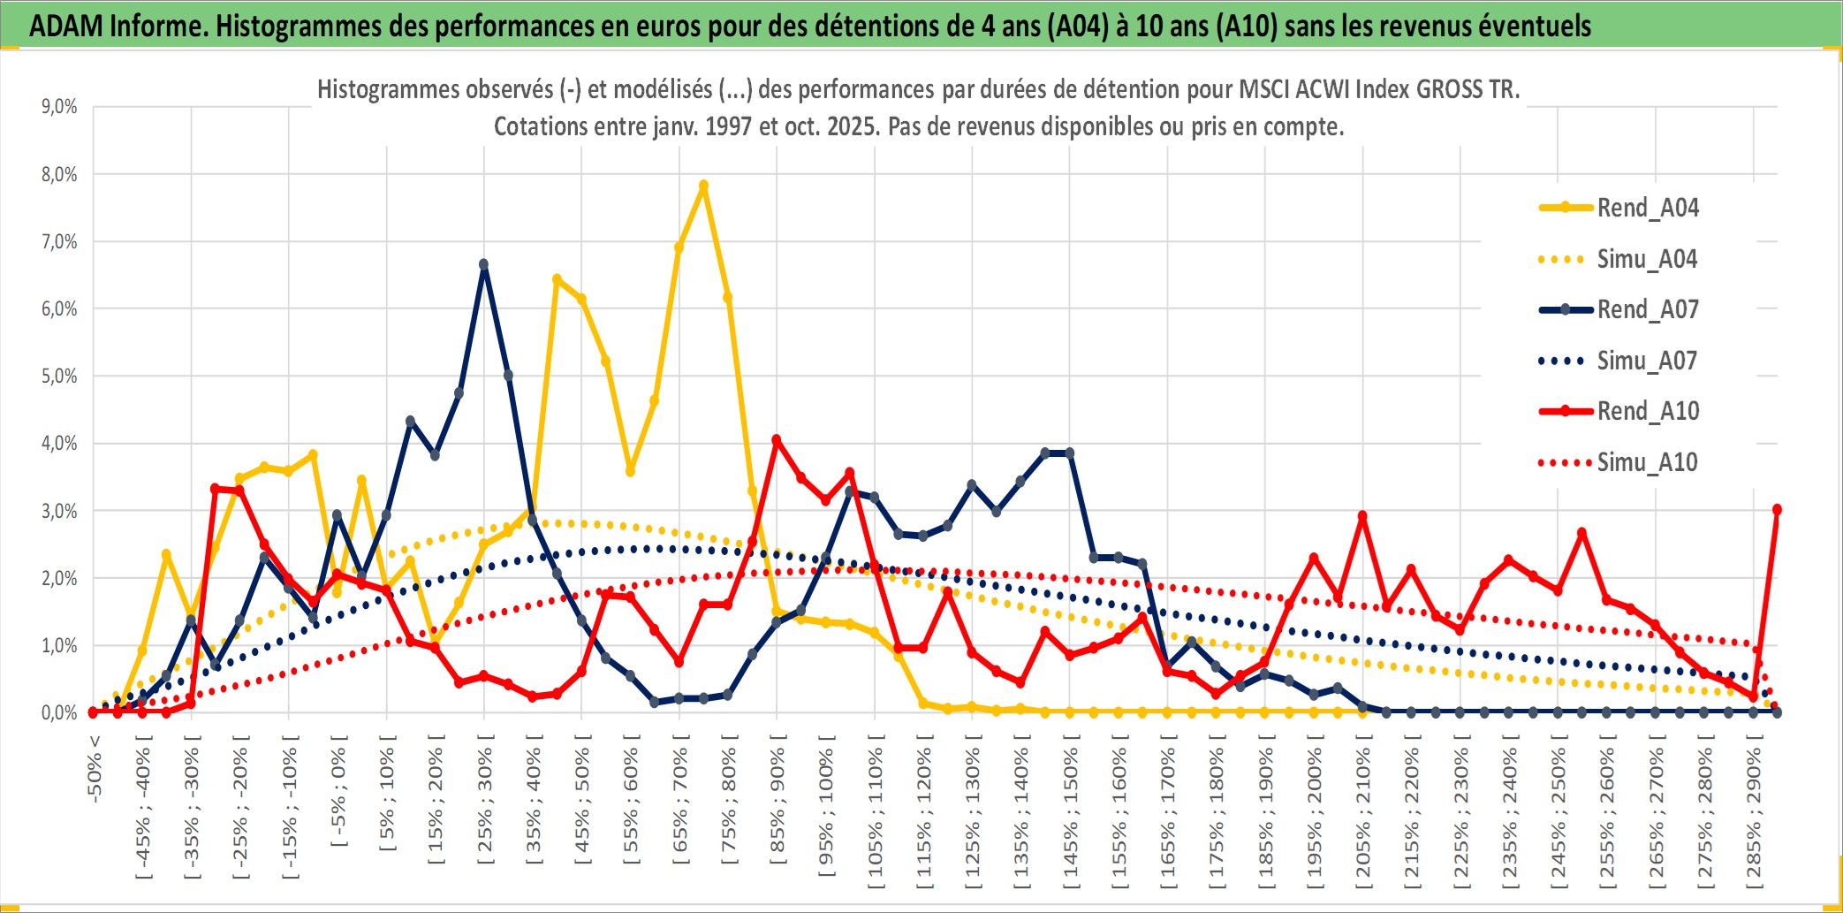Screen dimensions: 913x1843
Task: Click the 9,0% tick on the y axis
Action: coord(59,107)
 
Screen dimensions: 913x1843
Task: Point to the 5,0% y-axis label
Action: coord(59,377)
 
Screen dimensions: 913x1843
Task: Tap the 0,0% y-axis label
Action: coord(59,712)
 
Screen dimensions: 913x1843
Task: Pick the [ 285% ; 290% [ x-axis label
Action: coord(1754,813)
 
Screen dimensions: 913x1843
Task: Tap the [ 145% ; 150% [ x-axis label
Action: coord(1071,813)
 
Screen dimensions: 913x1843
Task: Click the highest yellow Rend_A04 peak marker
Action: coord(703,186)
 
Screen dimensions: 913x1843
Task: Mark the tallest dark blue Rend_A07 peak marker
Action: coord(483,264)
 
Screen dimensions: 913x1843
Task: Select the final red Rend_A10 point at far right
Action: coord(1777,510)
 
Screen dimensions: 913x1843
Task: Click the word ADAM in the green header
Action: coord(67,27)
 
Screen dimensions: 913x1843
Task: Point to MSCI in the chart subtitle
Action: coord(1263,89)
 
